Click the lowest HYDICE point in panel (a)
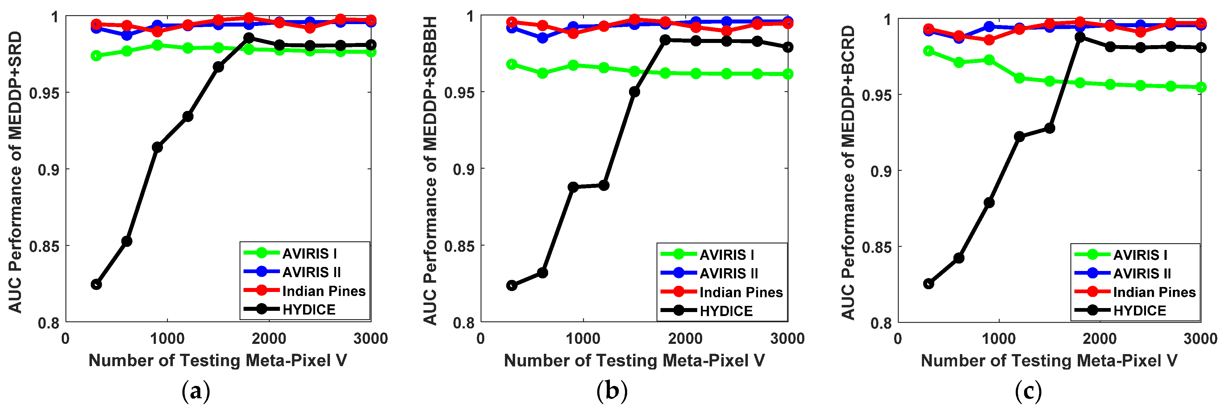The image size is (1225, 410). coord(96,284)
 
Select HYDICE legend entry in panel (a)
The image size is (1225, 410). coord(309,310)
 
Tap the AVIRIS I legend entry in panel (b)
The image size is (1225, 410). coord(726,255)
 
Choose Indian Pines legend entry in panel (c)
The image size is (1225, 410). coord(1154,292)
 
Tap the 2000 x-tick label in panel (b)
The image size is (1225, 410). coord(685,339)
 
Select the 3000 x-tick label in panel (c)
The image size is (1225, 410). coord(1200,339)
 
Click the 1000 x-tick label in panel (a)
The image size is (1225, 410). coord(167,339)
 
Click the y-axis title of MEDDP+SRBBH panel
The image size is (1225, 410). coord(430,171)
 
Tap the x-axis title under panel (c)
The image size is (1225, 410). coord(1049,361)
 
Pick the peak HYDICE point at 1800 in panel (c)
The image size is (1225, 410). coord(1080,37)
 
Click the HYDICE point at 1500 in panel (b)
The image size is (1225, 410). coord(634,91)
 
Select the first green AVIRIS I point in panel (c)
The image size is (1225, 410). coord(928,51)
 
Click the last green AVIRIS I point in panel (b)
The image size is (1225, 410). coord(788,74)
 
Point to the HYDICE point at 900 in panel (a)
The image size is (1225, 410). coord(157,147)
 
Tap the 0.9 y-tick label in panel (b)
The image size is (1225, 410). coord(463,169)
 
